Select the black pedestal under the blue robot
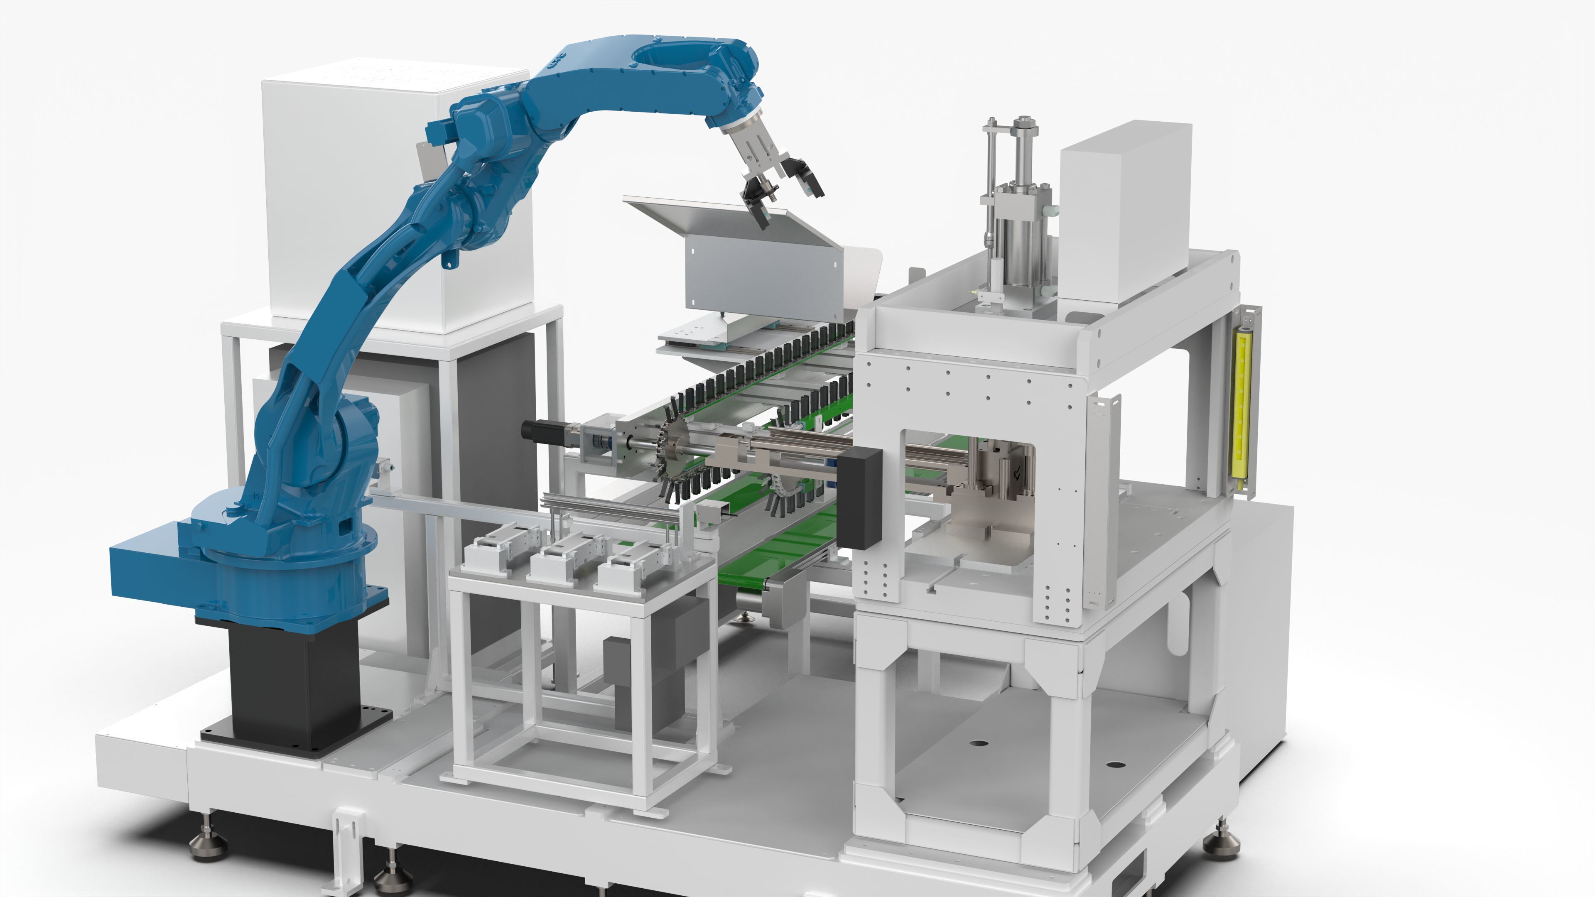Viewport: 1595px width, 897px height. pyautogui.click(x=294, y=681)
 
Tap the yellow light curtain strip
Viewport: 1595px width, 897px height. pyautogui.click(x=1242, y=402)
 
